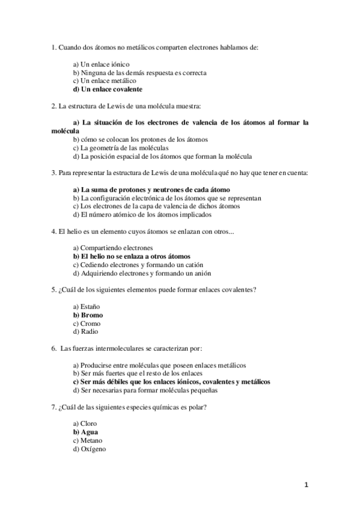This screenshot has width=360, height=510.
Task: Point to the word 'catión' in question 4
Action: [193, 265]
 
